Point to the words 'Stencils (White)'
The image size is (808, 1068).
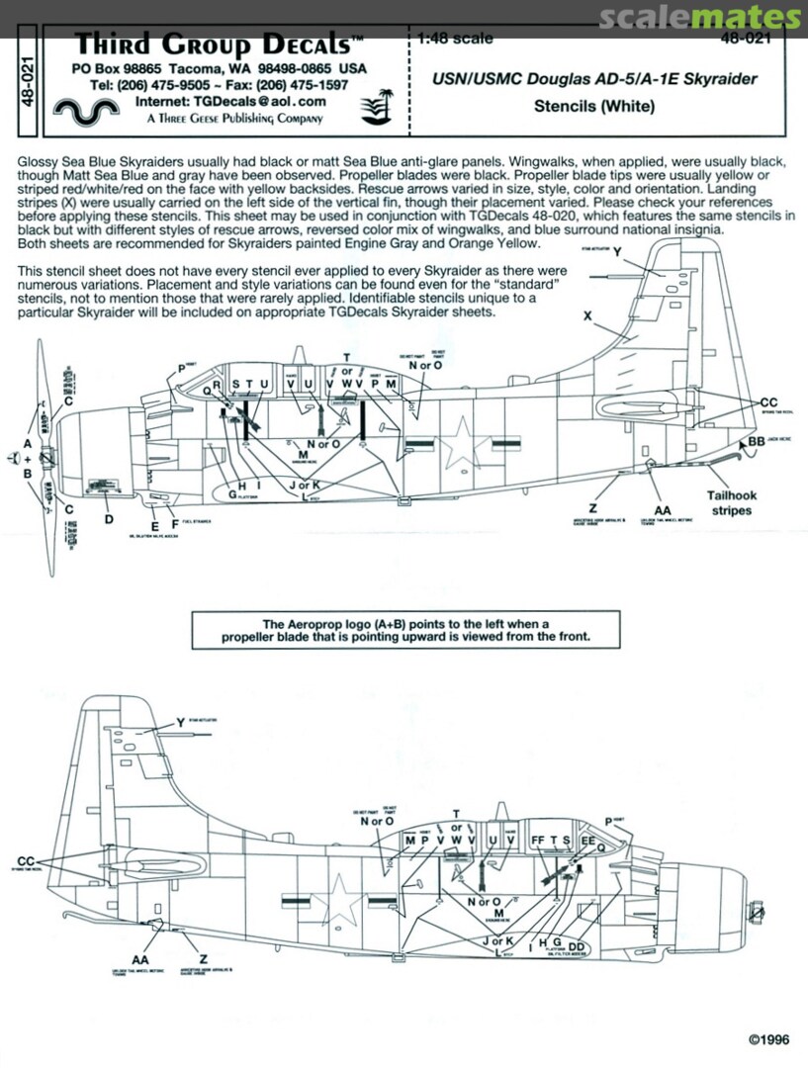(594, 106)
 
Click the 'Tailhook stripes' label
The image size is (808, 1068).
(730, 503)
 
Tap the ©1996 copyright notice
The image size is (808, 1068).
(769, 1039)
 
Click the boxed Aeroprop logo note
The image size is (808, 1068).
(406, 630)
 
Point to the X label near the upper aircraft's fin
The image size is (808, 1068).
(587, 315)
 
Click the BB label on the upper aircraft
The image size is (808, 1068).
(757, 441)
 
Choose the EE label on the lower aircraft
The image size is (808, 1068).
(587, 840)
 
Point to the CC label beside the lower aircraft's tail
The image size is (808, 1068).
(27, 860)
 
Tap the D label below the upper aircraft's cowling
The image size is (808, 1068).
(109, 518)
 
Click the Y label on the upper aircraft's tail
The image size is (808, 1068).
(617, 252)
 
